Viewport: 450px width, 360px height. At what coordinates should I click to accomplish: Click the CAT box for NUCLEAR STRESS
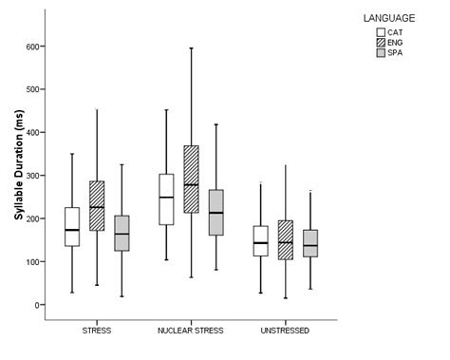[x=166, y=199]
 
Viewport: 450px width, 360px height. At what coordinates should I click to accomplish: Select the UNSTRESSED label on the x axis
[x=284, y=331]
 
